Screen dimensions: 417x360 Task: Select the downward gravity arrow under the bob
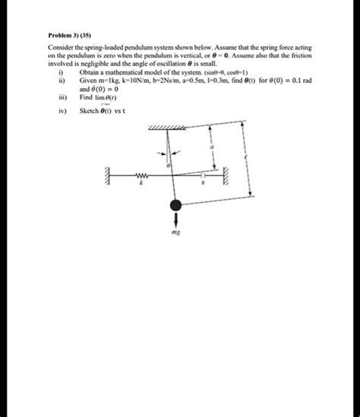(x=175, y=220)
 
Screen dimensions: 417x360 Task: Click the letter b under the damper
(x=203, y=184)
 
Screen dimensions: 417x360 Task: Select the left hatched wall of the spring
(x=110, y=175)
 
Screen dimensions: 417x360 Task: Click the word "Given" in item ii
(x=88, y=80)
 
